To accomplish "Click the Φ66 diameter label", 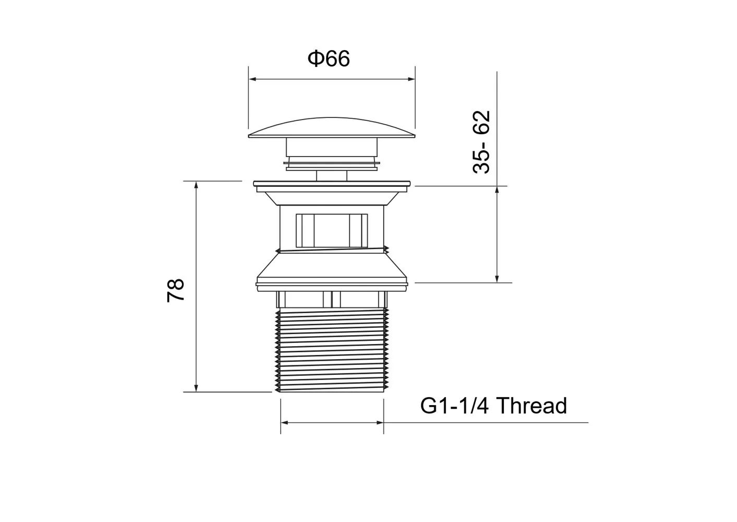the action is pos(329,58).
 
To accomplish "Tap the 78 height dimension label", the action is pos(175,290).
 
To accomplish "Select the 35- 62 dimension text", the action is pos(481,142).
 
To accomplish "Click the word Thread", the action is pos(531,406).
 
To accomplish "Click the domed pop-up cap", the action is pos(332,127).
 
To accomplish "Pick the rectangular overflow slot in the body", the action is pos(332,231).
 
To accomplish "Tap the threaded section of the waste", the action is pos(332,350).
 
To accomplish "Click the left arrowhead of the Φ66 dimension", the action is pos(252,79).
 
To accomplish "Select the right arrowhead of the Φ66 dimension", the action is pos(412,79).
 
